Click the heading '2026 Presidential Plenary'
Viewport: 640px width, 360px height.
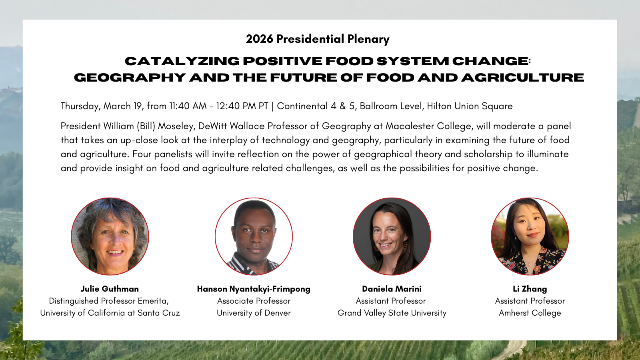click(x=318, y=39)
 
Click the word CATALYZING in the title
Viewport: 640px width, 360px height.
click(x=182, y=61)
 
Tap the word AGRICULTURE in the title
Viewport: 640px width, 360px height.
click(x=522, y=78)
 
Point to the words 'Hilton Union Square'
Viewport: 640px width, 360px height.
click(x=470, y=106)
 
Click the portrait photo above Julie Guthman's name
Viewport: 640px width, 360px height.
click(x=110, y=236)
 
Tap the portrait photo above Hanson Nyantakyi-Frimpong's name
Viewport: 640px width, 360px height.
click(x=254, y=236)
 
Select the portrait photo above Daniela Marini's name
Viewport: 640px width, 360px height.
click(x=392, y=236)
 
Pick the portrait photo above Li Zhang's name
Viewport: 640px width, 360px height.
click(x=530, y=236)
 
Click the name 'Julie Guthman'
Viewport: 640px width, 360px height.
click(x=110, y=289)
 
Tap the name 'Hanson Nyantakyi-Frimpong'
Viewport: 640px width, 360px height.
click(x=254, y=289)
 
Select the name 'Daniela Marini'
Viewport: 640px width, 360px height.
click(x=392, y=289)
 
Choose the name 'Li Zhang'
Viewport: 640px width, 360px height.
click(x=530, y=289)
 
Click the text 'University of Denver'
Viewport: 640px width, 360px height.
click(x=254, y=313)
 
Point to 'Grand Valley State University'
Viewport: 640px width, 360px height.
click(x=392, y=313)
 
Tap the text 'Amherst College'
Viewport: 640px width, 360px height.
click(x=530, y=313)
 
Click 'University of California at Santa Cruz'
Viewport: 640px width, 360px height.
click(x=110, y=313)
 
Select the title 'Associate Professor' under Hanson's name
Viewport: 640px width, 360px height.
click(x=254, y=301)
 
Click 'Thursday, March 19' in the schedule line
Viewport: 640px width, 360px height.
click(x=102, y=106)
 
